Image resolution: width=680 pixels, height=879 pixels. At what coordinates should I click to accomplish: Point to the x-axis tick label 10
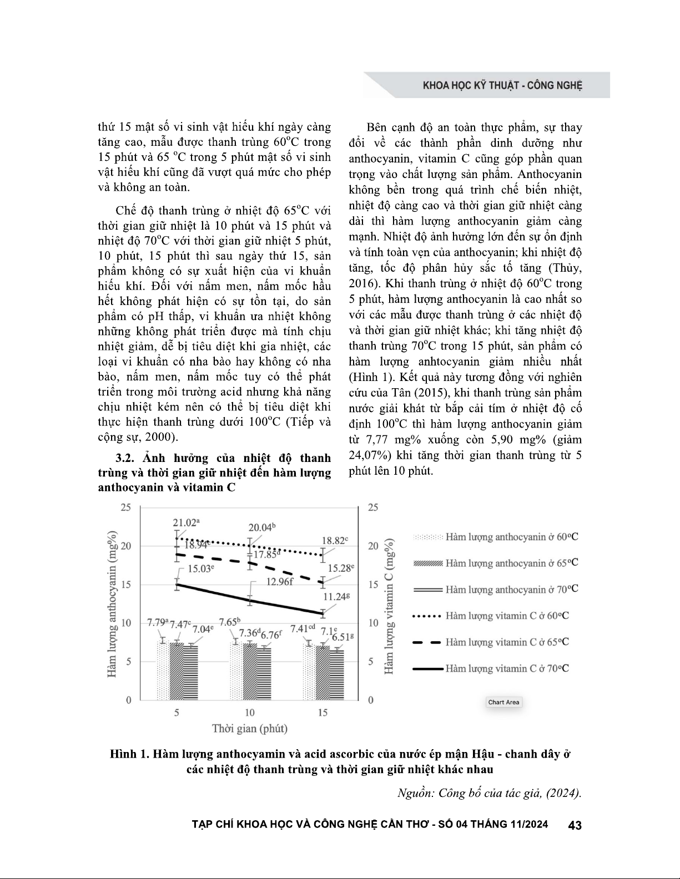click(250, 712)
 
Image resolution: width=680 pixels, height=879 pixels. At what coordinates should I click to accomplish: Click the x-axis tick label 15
click(323, 712)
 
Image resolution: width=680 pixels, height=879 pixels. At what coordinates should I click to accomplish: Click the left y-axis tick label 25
click(127, 507)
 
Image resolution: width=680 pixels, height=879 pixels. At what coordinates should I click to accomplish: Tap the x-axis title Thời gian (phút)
click(250, 728)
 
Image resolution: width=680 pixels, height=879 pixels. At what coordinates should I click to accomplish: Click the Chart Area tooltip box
click(503, 702)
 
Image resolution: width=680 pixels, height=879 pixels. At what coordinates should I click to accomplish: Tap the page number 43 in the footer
click(575, 825)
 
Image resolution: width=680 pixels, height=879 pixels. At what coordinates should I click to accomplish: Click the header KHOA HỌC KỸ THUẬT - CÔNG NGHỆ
click(502, 86)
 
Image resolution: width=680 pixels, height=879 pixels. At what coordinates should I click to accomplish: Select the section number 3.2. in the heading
click(126, 458)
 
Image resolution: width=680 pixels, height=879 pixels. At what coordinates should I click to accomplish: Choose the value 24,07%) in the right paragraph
click(371, 455)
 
